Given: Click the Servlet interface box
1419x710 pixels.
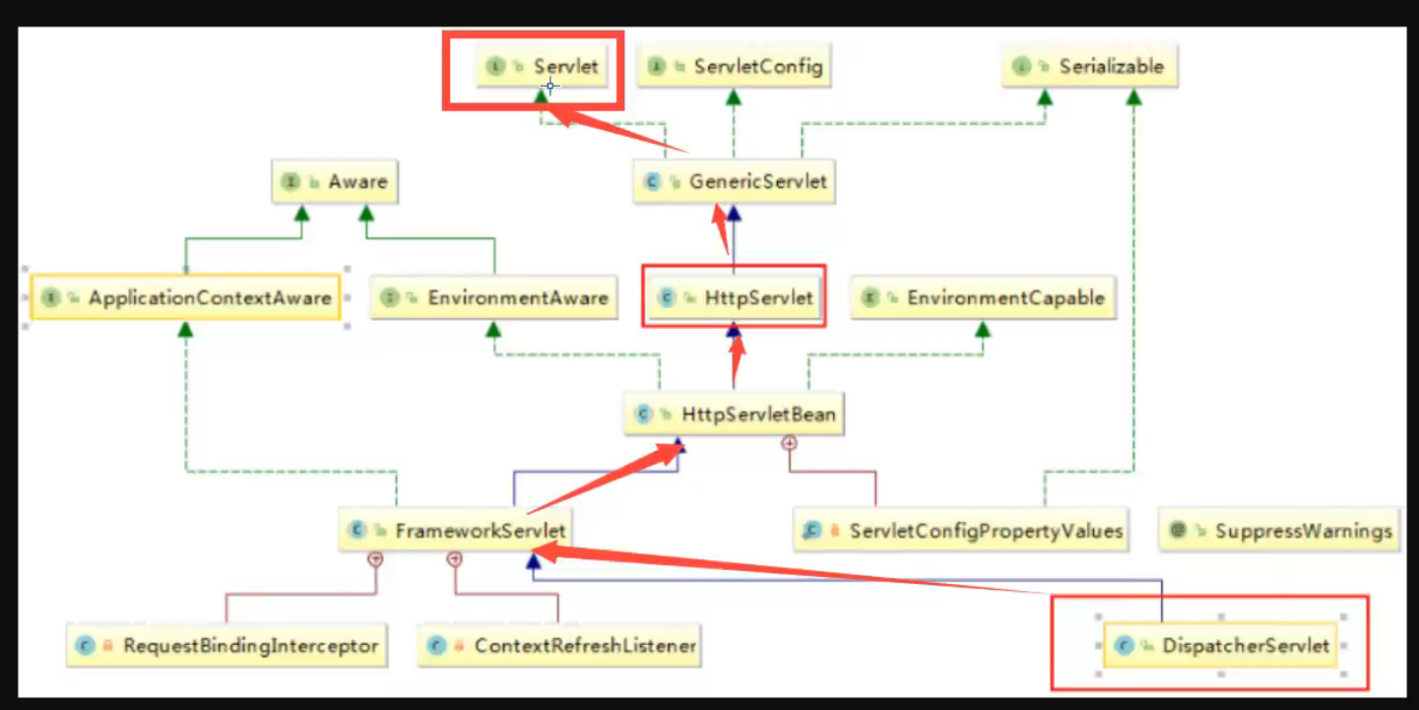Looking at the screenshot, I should click(x=543, y=67).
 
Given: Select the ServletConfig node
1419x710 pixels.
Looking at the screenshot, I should click(x=735, y=67).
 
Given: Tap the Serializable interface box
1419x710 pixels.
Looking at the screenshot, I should click(x=1090, y=67).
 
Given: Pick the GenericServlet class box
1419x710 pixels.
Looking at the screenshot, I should click(x=735, y=182).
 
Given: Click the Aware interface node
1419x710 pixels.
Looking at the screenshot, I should click(x=335, y=182).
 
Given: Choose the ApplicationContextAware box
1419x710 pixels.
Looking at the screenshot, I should click(x=186, y=297).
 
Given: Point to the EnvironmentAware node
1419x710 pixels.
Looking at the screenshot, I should click(x=494, y=297).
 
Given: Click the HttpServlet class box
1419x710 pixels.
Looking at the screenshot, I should click(x=735, y=297).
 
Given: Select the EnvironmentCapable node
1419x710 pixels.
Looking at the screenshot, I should click(x=983, y=297).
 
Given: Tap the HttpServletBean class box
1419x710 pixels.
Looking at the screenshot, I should click(x=735, y=415).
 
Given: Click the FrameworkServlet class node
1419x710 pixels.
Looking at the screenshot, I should click(x=456, y=531).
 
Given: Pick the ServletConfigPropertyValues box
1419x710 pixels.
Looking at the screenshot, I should click(x=961, y=531).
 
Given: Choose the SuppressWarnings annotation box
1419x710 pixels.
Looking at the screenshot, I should click(x=1279, y=531).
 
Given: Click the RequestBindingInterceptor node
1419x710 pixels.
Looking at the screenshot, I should click(x=226, y=646).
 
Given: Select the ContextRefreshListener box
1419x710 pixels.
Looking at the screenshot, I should click(x=559, y=646).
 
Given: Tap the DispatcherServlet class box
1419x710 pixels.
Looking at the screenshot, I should click(x=1220, y=646).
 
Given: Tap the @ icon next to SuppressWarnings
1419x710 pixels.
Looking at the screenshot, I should click(x=1177, y=531).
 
